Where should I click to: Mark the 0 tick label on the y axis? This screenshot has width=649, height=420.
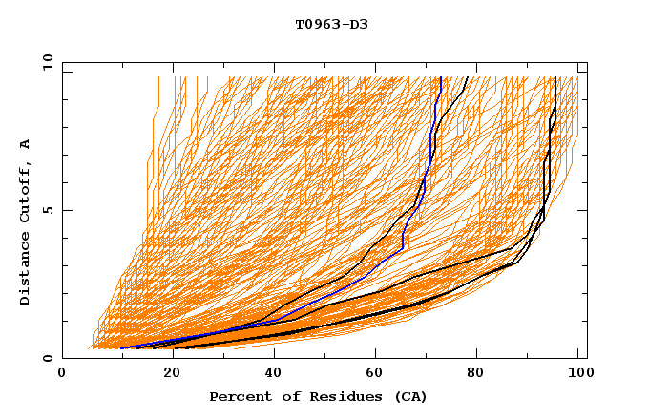[x=48, y=358]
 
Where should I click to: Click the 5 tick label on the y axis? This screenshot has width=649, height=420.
[x=48, y=210]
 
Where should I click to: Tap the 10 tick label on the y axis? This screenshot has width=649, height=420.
[x=45, y=62]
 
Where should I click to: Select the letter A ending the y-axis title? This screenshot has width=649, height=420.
[x=26, y=143]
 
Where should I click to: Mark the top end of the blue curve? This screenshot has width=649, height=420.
[x=440, y=78]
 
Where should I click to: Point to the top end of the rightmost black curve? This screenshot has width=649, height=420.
[x=555, y=78]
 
